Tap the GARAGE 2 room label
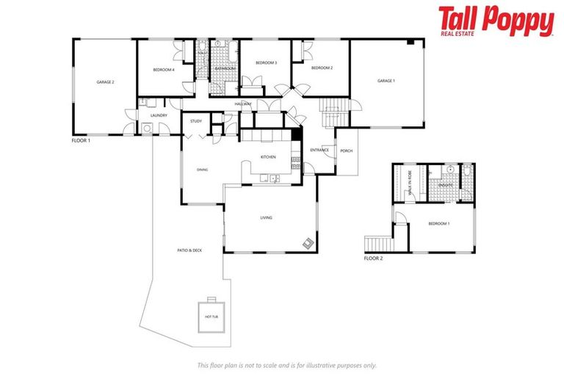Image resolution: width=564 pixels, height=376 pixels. click(x=105, y=82)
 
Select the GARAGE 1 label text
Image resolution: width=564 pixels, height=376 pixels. click(x=386, y=81)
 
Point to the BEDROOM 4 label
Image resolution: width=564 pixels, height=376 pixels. click(x=163, y=70)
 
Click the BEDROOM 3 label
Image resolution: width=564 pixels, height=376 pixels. click(x=266, y=63)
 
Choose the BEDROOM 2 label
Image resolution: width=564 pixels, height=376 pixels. click(x=322, y=68)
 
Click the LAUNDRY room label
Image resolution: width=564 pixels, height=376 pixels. click(x=159, y=115)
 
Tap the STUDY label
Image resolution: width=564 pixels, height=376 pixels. click(x=196, y=121)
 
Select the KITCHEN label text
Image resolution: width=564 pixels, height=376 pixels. click(x=268, y=157)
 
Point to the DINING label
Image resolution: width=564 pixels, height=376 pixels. click(x=202, y=170)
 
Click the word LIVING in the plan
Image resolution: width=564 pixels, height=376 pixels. click(x=267, y=217)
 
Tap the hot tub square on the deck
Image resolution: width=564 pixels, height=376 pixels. click(x=211, y=315)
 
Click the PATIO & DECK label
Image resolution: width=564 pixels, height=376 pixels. click(x=189, y=250)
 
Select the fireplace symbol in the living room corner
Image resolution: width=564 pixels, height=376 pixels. click(x=309, y=244)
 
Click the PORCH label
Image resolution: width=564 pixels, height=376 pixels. click(x=347, y=151)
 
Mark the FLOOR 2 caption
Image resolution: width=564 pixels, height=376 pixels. click(x=373, y=258)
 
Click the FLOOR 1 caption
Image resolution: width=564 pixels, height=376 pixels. click(x=81, y=140)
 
